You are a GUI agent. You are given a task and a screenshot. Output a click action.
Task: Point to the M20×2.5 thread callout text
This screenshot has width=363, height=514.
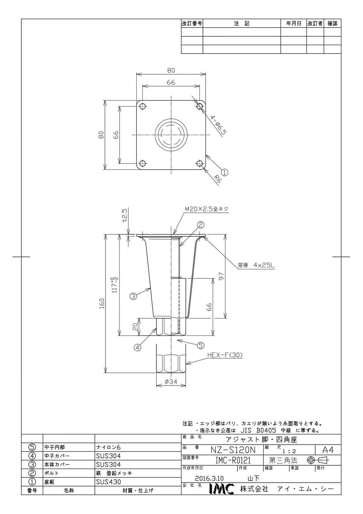pyautogui.click(x=206, y=209)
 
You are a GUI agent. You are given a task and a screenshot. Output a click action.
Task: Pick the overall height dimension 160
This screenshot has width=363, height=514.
pyautogui.click(x=102, y=304)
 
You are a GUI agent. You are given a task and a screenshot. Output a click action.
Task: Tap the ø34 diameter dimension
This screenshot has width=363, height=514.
pyautogui.click(x=171, y=382)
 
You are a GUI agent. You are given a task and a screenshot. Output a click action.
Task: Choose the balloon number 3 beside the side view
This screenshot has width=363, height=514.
pyautogui.click(x=133, y=296)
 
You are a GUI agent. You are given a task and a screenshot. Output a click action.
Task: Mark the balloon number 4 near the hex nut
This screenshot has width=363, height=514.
pyautogui.click(x=138, y=348)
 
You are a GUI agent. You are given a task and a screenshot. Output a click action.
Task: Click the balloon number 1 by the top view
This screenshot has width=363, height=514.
pyautogui.click(x=224, y=172)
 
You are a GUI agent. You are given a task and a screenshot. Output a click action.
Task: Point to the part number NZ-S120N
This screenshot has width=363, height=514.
pyautogui.click(x=233, y=450)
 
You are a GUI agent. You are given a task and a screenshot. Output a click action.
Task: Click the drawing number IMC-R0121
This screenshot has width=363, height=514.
pyautogui.click(x=233, y=460)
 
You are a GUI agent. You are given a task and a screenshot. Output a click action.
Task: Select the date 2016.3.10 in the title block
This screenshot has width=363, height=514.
pyautogui.click(x=209, y=478)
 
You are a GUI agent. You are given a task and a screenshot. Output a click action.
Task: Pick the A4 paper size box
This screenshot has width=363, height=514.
pyautogui.click(x=328, y=450)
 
